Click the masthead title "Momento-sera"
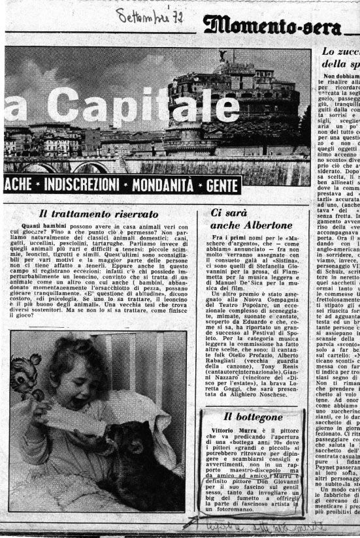pos(272,26)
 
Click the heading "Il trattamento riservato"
pos(98,214)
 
